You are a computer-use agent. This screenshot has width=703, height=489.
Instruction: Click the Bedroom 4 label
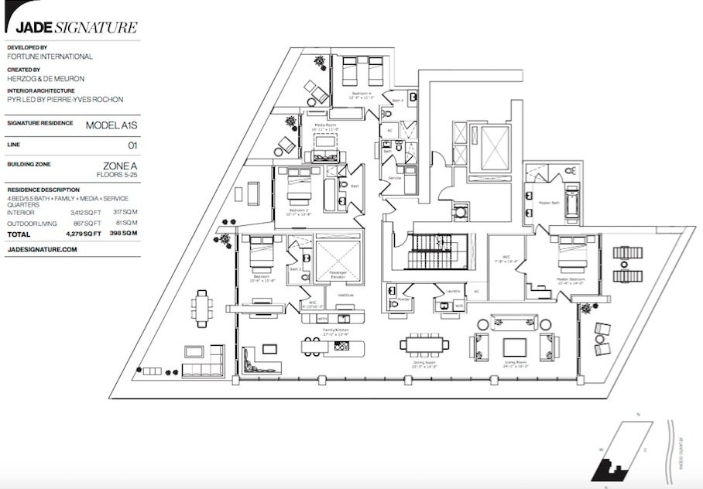[360, 92]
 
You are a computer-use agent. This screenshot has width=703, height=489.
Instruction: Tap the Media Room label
[325, 125]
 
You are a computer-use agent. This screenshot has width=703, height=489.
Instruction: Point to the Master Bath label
[549, 203]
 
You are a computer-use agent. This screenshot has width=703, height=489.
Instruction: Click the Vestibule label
[345, 295]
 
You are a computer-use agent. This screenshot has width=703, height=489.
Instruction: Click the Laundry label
[454, 292]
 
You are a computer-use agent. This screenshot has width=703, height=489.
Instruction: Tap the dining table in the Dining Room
[424, 342]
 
